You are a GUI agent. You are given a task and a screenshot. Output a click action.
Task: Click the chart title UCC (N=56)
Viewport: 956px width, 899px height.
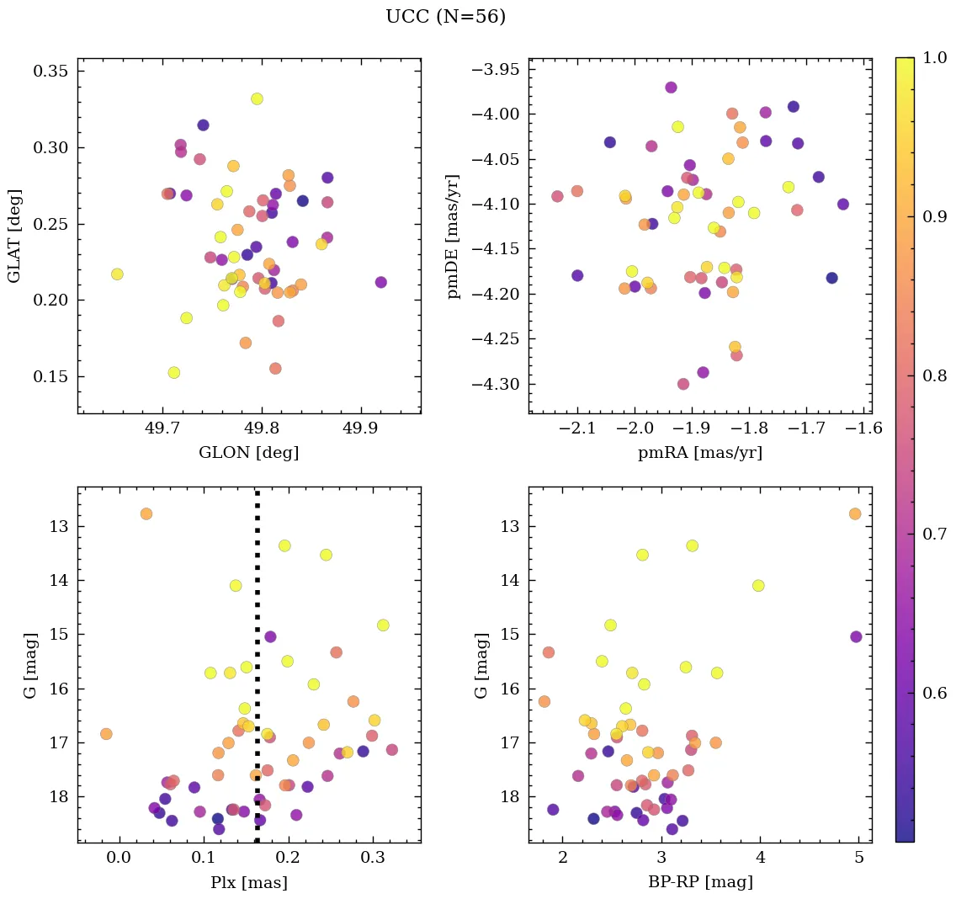445,17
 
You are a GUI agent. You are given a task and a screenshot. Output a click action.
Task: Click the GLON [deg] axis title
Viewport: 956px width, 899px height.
248,453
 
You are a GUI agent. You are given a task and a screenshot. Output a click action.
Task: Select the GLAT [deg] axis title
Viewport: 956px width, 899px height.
14,236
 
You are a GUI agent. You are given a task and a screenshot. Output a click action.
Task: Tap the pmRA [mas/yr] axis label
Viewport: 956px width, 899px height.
700,453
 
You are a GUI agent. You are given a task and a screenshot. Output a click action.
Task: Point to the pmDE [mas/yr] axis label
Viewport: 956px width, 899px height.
454,236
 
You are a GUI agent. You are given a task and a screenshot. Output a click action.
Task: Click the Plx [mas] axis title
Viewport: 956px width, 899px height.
248,882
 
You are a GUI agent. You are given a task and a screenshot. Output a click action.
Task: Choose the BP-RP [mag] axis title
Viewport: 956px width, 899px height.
700,882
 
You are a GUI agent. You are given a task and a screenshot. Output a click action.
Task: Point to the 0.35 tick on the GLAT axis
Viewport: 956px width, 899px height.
50,71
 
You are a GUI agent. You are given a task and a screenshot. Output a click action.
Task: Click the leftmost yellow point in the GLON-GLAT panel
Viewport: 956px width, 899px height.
117,274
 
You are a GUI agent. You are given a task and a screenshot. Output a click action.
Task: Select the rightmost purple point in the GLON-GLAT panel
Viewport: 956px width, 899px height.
380,282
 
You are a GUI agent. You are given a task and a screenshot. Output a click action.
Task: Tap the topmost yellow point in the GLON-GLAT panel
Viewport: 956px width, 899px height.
257,98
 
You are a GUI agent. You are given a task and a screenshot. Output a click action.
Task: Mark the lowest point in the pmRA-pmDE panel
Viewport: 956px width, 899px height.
683,384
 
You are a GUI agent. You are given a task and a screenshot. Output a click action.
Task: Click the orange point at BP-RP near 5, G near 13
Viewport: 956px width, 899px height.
855,513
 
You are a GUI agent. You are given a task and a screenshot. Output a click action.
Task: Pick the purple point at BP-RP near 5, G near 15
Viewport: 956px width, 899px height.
856,636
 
